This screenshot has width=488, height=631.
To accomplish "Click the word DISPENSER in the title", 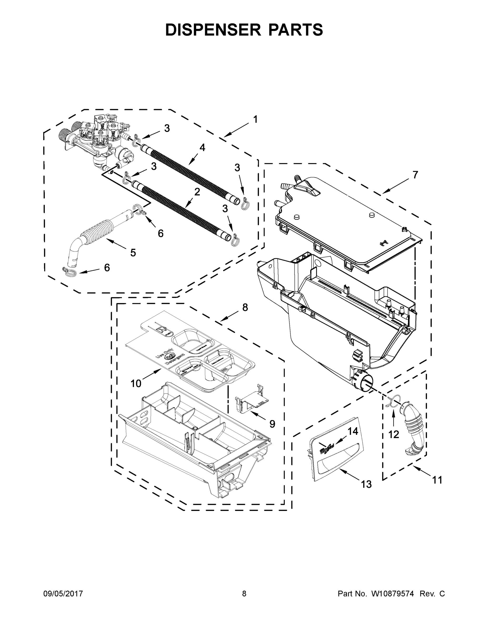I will pyautogui.click(x=211, y=29).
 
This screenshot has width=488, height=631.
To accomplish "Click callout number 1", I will pyautogui.click(x=255, y=119).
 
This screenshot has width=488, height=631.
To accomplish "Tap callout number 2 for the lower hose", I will pyautogui.click(x=197, y=192).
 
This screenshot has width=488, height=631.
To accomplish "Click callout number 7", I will pyautogui.click(x=415, y=175).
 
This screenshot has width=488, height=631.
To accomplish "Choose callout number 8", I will pyautogui.click(x=245, y=307).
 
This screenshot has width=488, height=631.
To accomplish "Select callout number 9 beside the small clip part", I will pyautogui.click(x=272, y=424).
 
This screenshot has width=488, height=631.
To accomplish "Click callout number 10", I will pyautogui.click(x=135, y=383).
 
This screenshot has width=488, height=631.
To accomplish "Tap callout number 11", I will pyautogui.click(x=437, y=480).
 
